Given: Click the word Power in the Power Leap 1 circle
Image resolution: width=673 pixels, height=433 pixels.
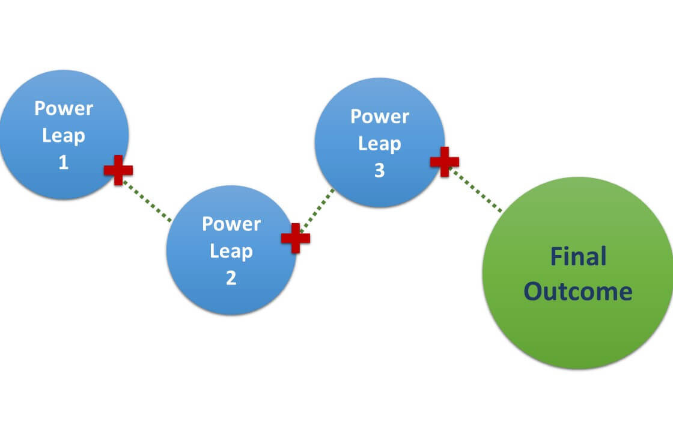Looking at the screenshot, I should [63, 108].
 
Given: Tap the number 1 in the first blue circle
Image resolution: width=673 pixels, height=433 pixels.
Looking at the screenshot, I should [63, 163].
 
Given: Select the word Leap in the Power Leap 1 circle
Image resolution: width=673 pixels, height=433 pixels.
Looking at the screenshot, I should [63, 136].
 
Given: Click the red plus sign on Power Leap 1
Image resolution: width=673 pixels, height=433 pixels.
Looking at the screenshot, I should [118, 170].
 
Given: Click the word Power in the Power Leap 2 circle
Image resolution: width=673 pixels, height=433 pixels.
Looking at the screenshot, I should [231, 224].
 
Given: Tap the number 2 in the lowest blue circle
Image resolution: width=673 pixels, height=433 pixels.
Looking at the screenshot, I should [231, 278].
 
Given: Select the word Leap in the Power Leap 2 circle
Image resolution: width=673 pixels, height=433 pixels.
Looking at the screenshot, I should [231, 251].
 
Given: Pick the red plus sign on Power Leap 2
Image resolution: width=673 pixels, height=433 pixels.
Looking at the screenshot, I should [295, 238].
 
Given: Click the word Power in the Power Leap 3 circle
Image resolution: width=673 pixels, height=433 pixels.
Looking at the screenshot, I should [379, 116].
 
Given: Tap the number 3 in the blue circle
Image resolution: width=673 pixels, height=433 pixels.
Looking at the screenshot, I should [379, 171].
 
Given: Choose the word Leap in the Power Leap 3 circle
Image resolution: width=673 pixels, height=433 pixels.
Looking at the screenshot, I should [379, 144].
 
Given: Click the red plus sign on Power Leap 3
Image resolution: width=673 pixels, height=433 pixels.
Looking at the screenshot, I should [445, 162].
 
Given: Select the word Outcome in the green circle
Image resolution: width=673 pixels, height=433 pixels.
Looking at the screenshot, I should [578, 292].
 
